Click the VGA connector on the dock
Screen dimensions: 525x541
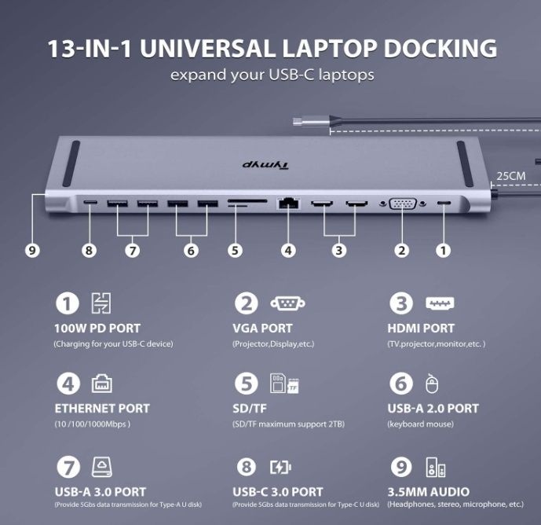coord(402,204)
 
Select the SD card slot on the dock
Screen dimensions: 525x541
coord(246,204)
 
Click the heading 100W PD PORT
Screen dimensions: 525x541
coord(97,328)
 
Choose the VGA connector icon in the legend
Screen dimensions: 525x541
coord(287,303)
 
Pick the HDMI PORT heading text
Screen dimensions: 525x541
coord(422,328)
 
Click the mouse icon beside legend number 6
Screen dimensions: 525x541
coord(431,384)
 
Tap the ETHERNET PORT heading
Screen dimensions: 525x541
coord(102,408)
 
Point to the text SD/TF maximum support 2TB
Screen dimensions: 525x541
coord(288,424)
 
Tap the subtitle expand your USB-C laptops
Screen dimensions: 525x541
coord(272,76)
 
